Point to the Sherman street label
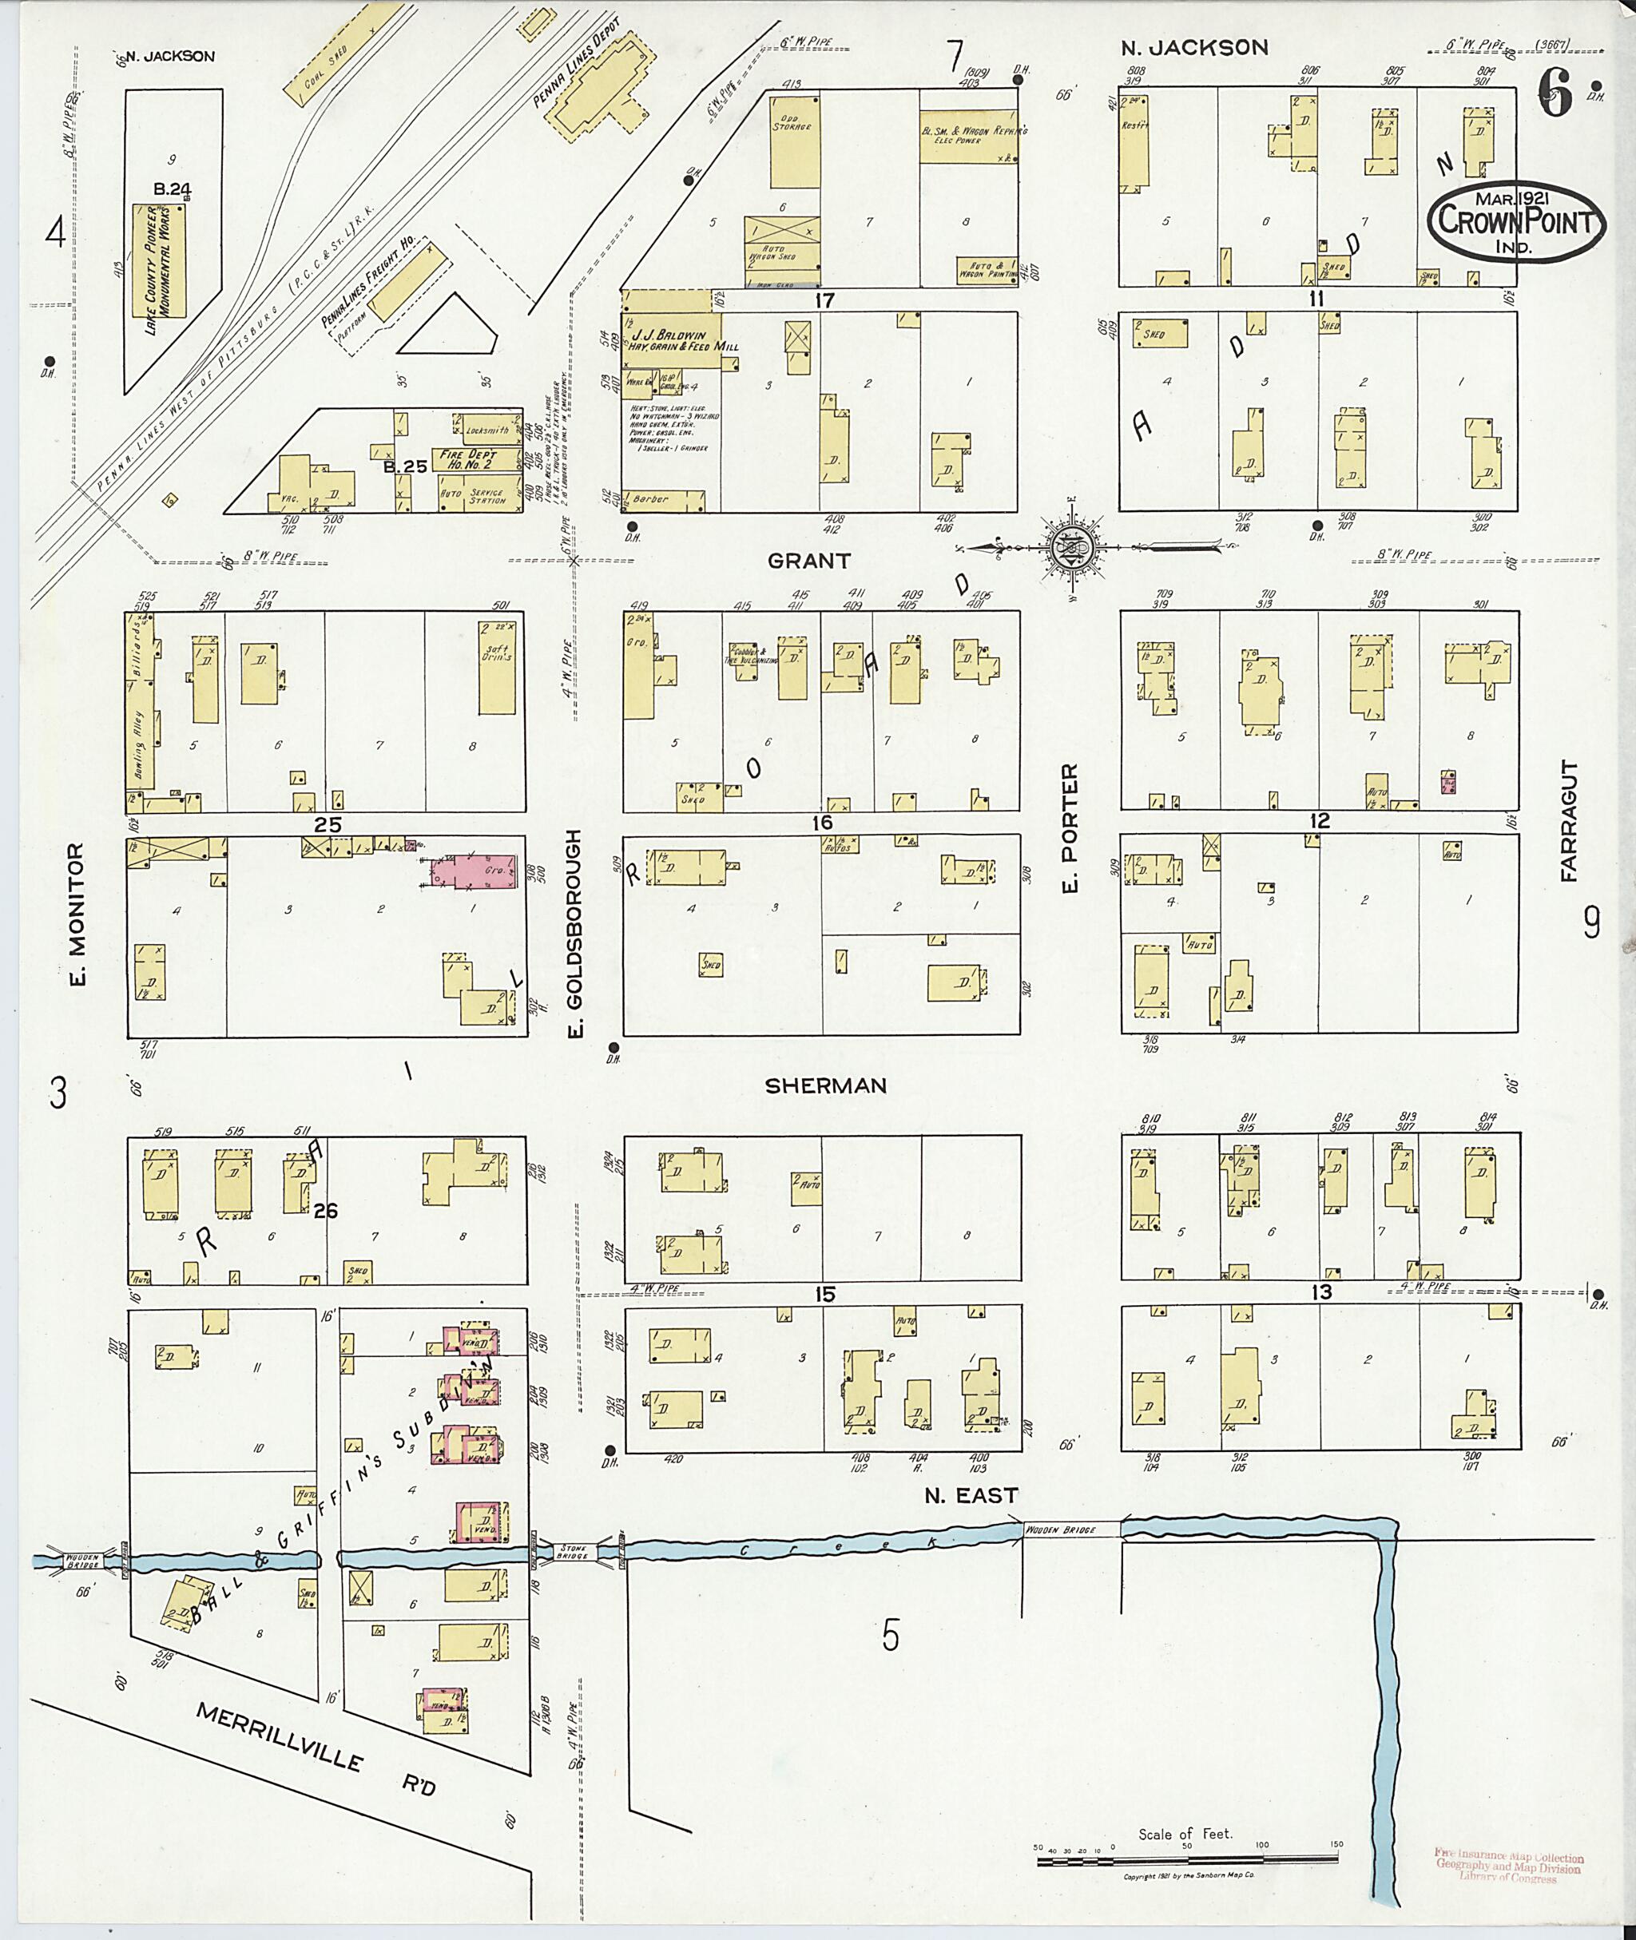825,1086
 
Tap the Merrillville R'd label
316,1750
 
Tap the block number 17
824,300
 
